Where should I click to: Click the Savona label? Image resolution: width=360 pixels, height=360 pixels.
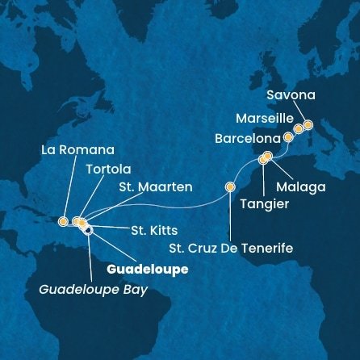point(291,95)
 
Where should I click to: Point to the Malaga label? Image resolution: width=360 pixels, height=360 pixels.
point(300,187)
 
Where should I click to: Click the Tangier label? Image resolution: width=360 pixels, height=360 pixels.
point(264,204)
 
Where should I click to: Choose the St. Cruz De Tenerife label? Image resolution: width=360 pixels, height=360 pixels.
point(234,248)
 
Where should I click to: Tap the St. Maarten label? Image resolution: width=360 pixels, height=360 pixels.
point(155,187)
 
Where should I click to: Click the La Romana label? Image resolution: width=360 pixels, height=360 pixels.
point(77,150)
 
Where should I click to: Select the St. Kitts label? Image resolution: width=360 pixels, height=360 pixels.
point(154,230)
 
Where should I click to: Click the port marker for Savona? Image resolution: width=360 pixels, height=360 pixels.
point(308,125)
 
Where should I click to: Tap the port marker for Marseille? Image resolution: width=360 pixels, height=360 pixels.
point(299,128)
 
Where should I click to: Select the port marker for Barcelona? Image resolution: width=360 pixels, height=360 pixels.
point(288,138)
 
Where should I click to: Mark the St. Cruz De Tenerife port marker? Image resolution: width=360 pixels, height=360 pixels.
point(230,187)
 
